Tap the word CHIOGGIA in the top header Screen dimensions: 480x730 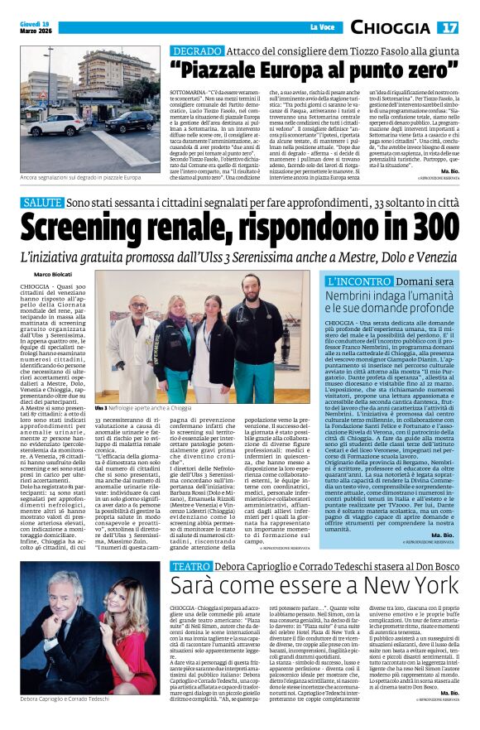(391, 28)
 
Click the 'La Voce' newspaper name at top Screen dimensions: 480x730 (322, 28)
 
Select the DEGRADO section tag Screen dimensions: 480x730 (194, 51)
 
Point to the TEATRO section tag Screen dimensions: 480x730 (190, 566)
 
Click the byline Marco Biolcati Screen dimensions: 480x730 (53, 274)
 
